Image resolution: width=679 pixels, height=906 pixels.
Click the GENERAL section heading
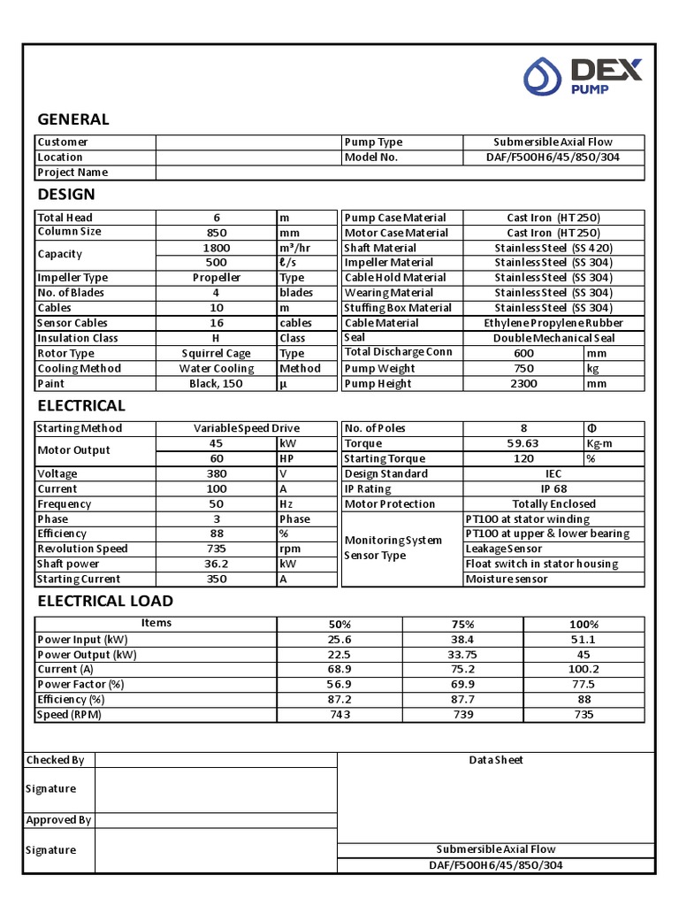[72, 119]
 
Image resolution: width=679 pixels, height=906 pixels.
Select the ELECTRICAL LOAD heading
[104, 601]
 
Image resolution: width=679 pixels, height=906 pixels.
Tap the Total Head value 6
[217, 218]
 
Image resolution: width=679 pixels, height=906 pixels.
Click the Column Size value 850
[217, 233]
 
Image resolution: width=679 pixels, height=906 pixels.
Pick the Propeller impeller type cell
[217, 278]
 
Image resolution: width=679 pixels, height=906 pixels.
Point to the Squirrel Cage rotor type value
[217, 353]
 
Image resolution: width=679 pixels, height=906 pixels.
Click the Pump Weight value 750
[523, 368]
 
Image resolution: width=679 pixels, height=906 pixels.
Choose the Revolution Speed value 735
[217, 549]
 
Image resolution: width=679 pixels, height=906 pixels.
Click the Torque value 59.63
[523, 443]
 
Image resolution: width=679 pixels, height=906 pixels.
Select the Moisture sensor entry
[507, 580]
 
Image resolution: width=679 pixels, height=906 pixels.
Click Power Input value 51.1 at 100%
[584, 640]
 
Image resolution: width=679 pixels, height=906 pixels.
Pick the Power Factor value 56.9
[339, 685]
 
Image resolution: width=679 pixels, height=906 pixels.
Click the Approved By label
[58, 820]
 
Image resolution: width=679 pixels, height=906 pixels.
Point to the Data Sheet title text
[496, 760]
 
